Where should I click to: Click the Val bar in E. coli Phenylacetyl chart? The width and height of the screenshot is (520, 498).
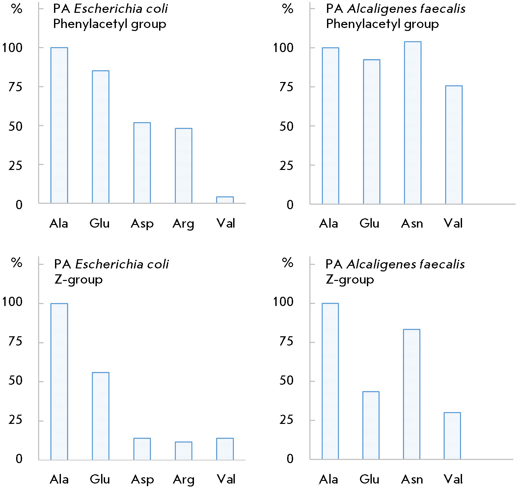point(225,200)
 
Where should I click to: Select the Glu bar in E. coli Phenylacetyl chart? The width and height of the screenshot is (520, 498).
point(100,137)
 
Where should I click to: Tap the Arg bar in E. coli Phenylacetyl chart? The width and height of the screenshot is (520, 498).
point(183,166)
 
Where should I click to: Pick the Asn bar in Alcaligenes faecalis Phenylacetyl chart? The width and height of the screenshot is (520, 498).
point(413,123)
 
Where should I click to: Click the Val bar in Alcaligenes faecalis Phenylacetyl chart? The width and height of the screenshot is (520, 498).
point(454,145)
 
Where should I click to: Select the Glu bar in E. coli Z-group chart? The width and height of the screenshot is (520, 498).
point(100,416)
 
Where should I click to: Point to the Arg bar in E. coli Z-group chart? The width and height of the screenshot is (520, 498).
point(183,451)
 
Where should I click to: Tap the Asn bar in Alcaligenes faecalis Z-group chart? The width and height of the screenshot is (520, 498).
point(412,394)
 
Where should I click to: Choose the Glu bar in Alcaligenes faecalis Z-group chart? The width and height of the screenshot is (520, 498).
point(371,425)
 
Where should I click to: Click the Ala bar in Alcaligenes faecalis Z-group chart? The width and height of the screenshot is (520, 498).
point(330,381)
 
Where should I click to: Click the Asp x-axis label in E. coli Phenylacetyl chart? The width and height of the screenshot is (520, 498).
point(142,224)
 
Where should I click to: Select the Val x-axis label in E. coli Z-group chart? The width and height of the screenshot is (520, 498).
point(226,479)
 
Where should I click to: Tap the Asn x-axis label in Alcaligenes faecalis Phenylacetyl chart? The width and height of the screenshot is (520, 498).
point(412,224)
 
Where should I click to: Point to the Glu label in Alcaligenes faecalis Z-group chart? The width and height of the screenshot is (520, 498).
point(369,479)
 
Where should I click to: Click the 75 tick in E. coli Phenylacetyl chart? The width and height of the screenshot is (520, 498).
point(15,87)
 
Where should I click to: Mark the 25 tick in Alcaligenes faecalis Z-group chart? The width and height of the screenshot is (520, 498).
point(286,420)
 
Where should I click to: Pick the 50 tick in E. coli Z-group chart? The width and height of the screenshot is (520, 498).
point(15,381)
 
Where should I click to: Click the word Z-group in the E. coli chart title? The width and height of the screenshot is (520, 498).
point(78,280)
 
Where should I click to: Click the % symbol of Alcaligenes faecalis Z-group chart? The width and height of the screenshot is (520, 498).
point(287,263)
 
